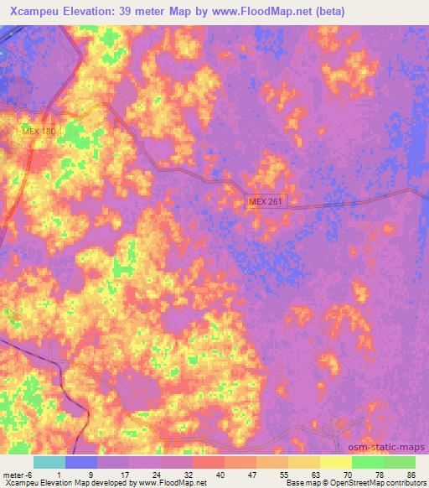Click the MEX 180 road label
point(39,132)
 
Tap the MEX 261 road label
point(266,202)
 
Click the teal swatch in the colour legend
point(49,462)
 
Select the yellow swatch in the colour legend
point(335,462)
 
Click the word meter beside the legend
point(13,474)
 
